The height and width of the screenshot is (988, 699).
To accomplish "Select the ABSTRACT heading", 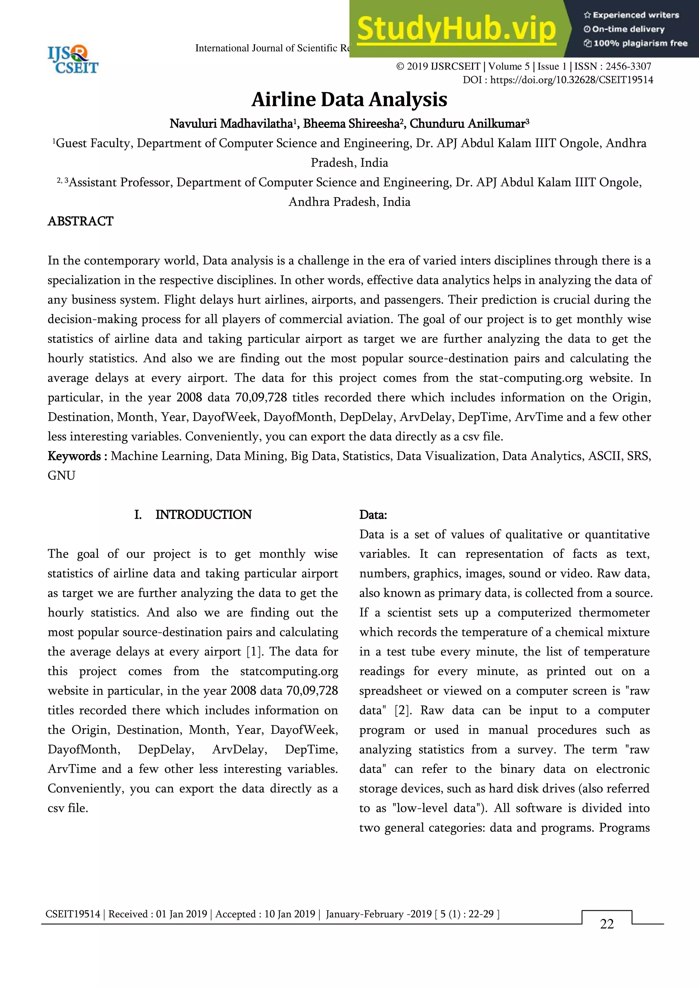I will pyautogui.click(x=81, y=221).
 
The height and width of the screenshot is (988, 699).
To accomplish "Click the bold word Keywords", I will pyautogui.click(x=74, y=456).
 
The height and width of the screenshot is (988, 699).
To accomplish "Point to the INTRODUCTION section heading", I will pyautogui.click(x=203, y=515).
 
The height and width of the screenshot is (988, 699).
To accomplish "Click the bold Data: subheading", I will pyautogui.click(x=373, y=515).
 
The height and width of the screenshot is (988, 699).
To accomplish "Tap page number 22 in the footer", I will pyautogui.click(x=607, y=924).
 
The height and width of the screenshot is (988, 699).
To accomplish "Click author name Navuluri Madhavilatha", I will pyautogui.click(x=231, y=124).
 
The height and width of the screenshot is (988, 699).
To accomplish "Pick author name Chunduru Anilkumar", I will pyautogui.click(x=468, y=124).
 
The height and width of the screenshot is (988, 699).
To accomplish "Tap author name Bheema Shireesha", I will pyautogui.click(x=351, y=124).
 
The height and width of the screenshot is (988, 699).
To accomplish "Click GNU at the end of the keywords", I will pyautogui.click(x=61, y=476).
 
